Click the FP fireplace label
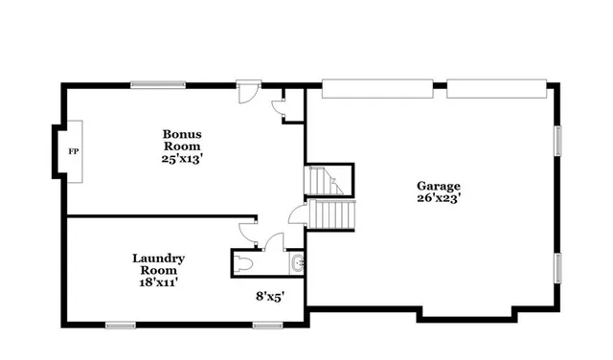coord(72,151)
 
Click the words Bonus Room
coord(182,140)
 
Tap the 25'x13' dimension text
coord(182,159)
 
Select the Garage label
coord(438,186)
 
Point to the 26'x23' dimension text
coord(438,199)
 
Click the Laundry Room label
coord(158,263)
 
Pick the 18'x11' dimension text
coord(158,281)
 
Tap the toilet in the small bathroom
coord(245,261)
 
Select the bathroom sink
coord(297,261)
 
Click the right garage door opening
coord(494,87)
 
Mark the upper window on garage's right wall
coord(557,141)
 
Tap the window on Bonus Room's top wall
coord(158,84)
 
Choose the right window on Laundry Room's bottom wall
coord(265,326)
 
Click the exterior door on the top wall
coord(247,90)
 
